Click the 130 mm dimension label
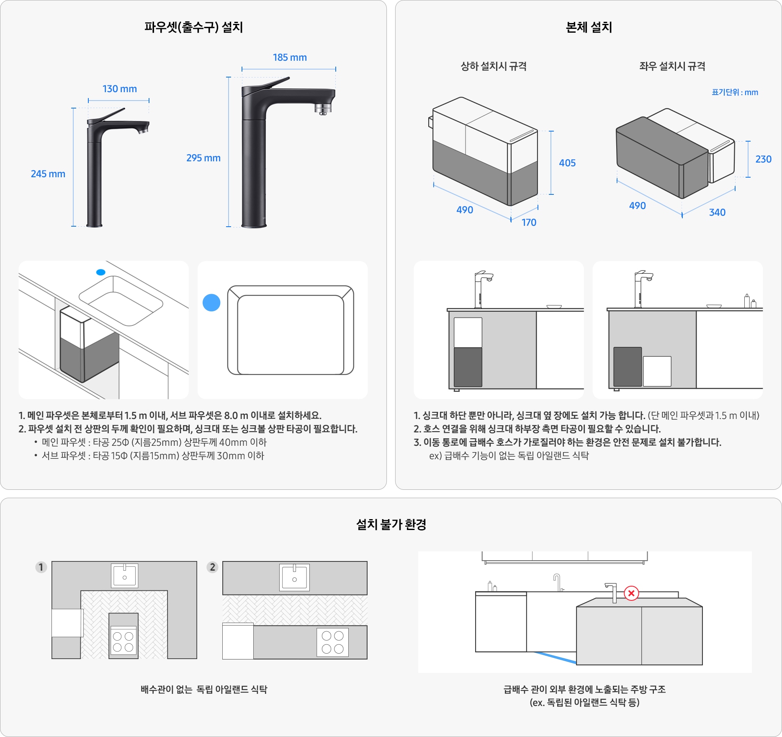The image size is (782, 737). point(120,89)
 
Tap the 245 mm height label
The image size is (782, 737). point(48,174)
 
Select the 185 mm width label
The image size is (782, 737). point(290,57)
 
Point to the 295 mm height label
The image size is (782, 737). point(203,158)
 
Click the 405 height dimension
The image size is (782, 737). point(567,163)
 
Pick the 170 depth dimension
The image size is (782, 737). point(529,222)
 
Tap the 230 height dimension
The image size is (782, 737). point(763,159)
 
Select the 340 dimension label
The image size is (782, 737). point(717,212)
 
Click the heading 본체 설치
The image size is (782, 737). point(589,27)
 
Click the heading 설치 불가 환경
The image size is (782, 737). point(391,524)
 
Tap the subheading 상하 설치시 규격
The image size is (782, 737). point(494,66)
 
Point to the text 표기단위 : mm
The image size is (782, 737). point(735,92)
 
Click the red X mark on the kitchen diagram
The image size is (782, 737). point(631,593)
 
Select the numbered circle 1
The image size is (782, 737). point(41,567)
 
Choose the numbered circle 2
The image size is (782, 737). point(213,567)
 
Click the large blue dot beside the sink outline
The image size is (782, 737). point(211,303)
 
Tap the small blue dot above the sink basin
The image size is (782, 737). point(101,272)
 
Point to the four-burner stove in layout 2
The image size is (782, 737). point(333,642)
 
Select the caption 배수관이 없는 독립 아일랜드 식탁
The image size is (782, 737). point(204,689)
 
